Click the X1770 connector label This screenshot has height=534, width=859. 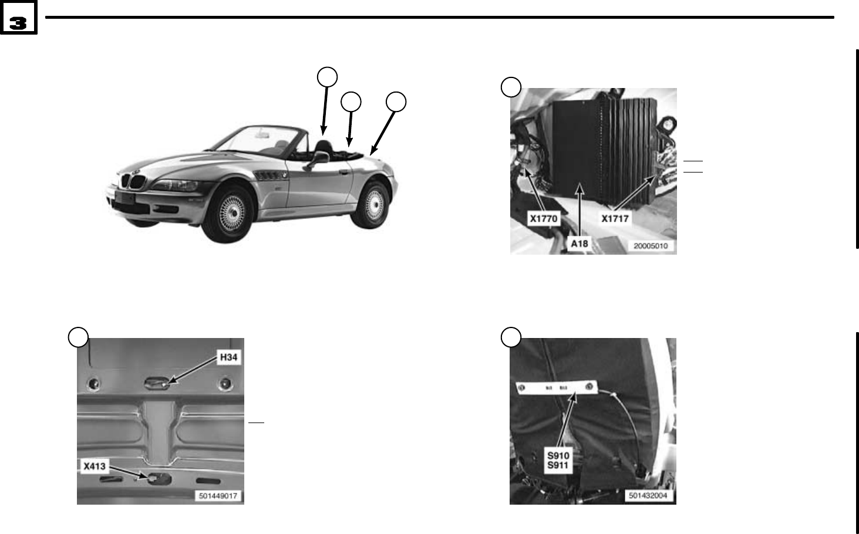point(543,219)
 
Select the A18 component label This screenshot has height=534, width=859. point(580,243)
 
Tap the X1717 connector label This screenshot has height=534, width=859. point(615,219)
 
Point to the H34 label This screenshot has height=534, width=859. point(228,357)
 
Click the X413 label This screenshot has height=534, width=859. point(94,467)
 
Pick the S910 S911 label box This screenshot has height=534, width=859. point(558,461)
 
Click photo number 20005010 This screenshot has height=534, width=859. point(651,246)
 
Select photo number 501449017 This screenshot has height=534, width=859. point(218,496)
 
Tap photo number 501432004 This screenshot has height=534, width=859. point(651,496)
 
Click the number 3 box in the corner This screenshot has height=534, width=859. point(18,22)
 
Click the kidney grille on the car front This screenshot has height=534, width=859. point(132,182)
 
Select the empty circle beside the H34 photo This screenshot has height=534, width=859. point(78,337)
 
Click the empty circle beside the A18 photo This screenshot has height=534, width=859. point(511,87)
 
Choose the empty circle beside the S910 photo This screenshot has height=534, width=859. point(511,337)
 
